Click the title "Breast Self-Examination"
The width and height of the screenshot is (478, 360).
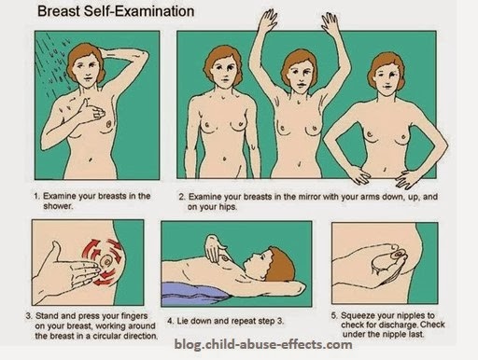tap(116, 11)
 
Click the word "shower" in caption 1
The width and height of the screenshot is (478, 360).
tap(57, 206)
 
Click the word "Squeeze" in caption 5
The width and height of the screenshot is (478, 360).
tap(356, 315)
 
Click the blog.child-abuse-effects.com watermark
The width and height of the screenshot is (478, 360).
tap(263, 344)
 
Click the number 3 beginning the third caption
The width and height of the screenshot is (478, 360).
tap(28, 316)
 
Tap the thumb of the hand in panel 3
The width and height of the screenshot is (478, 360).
tap(56, 250)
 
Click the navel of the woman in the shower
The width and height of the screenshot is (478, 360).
tap(91, 160)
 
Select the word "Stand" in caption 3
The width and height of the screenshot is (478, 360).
tap(47, 316)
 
